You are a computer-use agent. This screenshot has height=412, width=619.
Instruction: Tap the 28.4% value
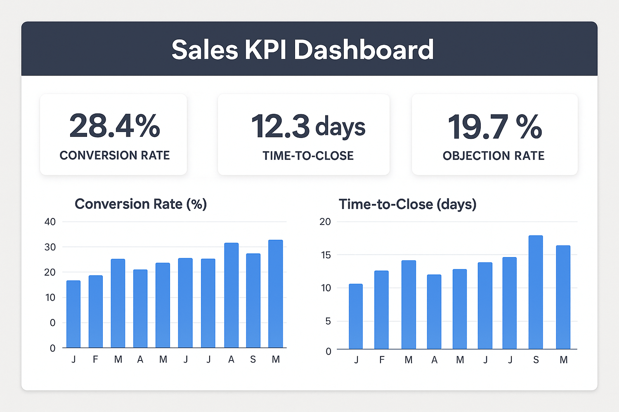pos(115,126)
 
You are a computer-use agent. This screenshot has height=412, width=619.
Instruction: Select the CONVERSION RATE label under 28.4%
pos(115,155)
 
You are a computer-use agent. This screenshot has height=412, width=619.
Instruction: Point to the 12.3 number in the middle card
pos(280,126)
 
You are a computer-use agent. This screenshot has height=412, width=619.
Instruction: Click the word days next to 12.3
pos(340,127)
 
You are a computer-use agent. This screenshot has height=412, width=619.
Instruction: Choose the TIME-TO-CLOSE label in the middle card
pos(308,156)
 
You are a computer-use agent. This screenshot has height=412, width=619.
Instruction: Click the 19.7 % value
pos(494,126)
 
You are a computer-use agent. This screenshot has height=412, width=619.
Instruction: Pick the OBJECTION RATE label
pos(494,156)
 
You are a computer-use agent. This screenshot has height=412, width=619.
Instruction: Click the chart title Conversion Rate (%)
pos(141,204)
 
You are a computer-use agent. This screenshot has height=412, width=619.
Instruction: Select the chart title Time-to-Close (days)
pos(407,204)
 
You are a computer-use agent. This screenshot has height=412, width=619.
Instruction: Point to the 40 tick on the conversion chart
pos(50,222)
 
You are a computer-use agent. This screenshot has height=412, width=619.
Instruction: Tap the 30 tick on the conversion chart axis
pos(50,247)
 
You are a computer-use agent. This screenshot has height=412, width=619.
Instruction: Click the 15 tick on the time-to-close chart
pos(325,255)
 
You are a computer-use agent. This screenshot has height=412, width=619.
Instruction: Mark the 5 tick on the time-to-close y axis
pos(328,321)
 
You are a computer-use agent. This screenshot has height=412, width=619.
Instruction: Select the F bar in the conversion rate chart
pos(96,311)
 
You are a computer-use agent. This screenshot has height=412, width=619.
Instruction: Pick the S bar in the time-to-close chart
pos(536,293)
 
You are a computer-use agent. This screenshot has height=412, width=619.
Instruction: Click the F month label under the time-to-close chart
pos(382,360)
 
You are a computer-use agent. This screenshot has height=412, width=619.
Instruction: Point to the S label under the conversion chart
pos(253,360)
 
